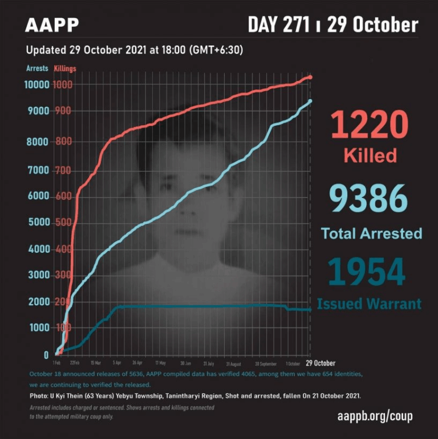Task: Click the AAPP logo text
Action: [52, 26]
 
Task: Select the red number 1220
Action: [370, 126]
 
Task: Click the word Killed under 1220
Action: [370, 155]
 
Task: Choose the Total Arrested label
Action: [371, 233]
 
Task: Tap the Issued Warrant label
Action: [369, 303]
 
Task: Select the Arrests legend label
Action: [37, 68]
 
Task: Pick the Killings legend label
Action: [65, 68]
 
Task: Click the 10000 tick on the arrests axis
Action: [36, 85]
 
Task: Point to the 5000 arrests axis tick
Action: [39, 223]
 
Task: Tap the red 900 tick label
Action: [63, 111]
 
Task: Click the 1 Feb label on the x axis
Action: [56, 363]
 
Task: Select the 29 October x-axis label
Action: [321, 363]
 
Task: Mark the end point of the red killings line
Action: [310, 77]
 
